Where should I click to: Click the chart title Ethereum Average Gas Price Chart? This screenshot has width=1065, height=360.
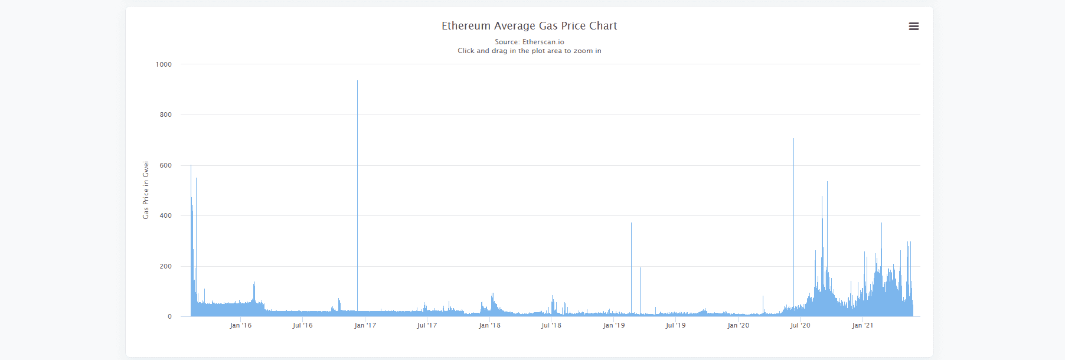pos(529,26)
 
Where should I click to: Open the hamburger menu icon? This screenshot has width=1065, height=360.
pos(913,27)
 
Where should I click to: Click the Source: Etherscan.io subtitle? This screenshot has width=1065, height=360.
pos(529,42)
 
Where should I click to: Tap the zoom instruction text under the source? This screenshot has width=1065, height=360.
pos(529,51)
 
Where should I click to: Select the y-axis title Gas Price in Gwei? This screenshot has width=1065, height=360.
pos(146,190)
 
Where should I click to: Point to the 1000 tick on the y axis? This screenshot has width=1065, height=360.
pos(164,64)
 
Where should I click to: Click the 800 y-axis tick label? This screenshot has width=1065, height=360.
pos(165,114)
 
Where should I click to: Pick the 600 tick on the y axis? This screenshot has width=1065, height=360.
pos(165,165)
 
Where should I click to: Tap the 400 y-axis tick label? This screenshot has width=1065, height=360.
pos(165,215)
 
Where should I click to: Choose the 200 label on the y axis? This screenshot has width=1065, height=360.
pos(165,266)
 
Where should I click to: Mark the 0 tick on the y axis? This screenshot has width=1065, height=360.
pos(169,316)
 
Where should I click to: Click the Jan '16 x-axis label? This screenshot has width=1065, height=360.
pos(240,325)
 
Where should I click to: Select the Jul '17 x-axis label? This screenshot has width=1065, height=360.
pos(427,325)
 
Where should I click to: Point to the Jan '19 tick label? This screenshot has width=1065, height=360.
pos(614,325)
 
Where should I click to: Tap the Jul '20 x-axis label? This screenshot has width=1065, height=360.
pos(800,325)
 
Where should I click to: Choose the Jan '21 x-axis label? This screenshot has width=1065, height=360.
pos(863,325)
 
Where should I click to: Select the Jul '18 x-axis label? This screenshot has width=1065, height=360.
pos(551,325)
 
